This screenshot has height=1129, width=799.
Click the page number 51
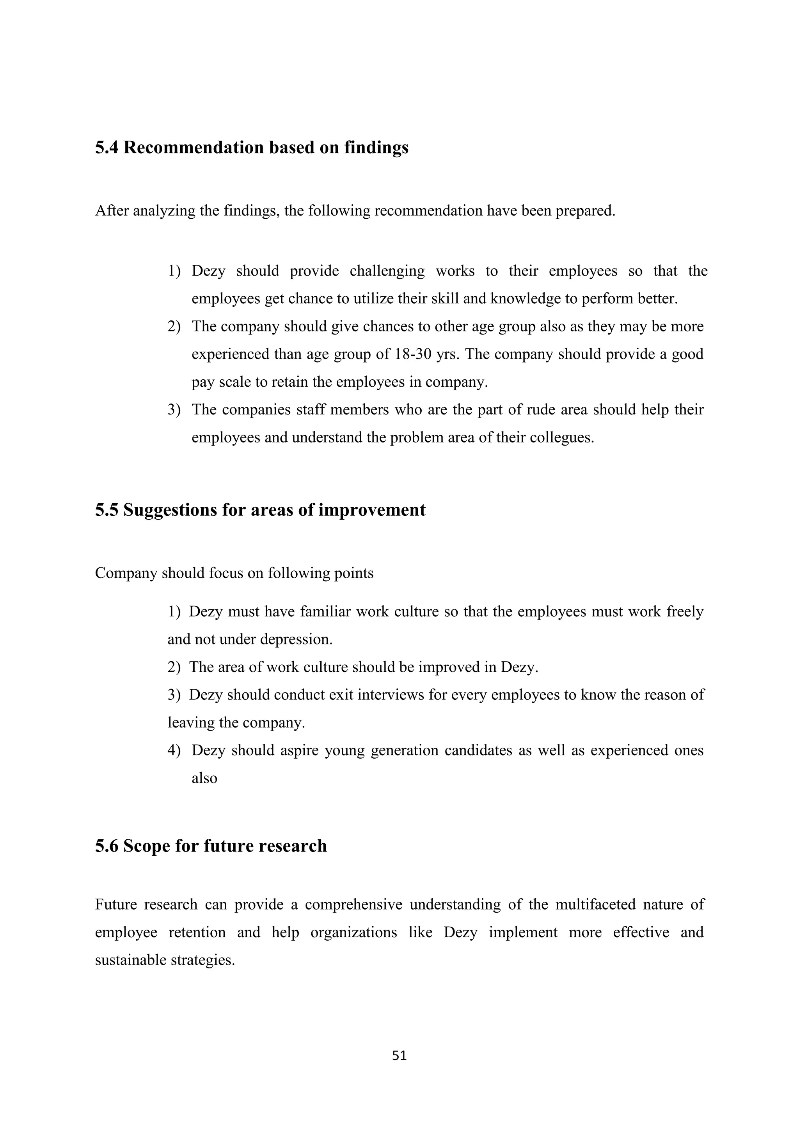[x=399, y=1056]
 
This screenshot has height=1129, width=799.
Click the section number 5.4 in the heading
[x=106, y=147]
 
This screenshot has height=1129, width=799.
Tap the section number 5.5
[x=106, y=510]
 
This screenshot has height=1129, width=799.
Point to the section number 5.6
[x=106, y=846]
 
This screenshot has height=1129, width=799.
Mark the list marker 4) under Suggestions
[x=174, y=750]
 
